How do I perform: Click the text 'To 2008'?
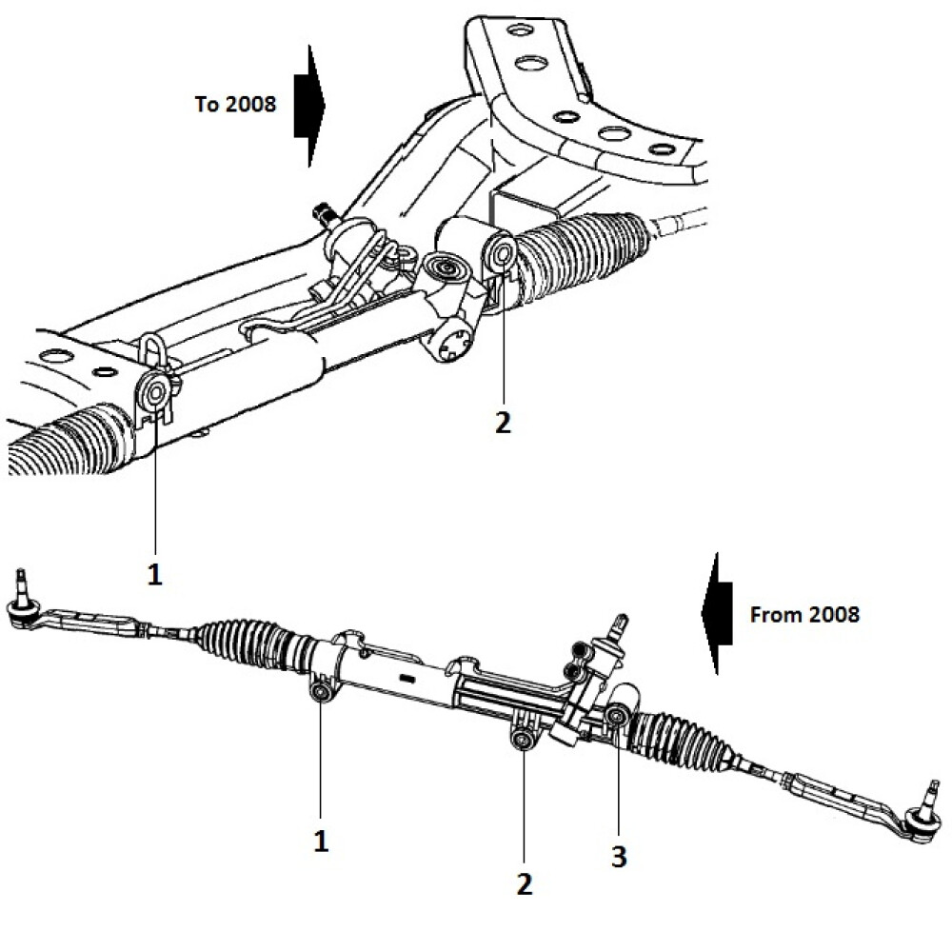(x=235, y=104)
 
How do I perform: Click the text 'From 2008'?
(x=804, y=614)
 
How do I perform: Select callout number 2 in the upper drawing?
(x=503, y=422)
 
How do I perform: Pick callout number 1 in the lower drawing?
(x=321, y=842)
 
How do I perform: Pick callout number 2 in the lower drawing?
(x=524, y=882)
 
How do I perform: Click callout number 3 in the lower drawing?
(x=619, y=856)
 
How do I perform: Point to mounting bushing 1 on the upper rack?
(x=156, y=390)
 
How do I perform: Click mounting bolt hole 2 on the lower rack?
(x=522, y=742)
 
